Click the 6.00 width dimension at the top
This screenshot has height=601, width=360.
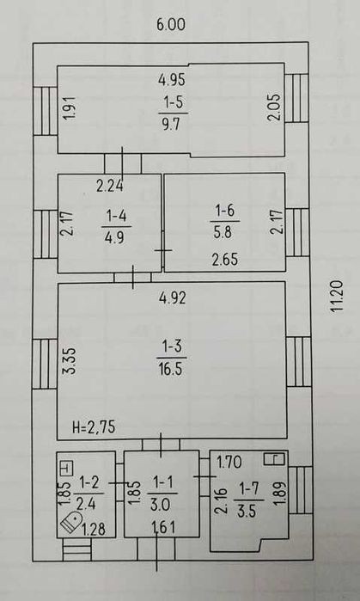pos(171,25)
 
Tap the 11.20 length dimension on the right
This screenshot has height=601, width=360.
pos(338,297)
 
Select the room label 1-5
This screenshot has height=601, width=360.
pos(173,103)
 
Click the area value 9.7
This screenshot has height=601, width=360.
pos(171,124)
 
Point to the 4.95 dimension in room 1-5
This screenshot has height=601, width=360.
pos(172,80)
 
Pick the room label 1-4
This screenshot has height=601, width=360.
pos(116,217)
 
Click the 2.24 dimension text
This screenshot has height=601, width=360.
pos(110,187)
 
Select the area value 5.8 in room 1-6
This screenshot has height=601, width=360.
pos(223,232)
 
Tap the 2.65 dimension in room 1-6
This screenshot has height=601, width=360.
pos(225,259)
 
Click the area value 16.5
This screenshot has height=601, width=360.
pos(172,371)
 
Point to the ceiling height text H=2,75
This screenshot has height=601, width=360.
pos(94,426)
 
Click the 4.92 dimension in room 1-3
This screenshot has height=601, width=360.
pos(172,297)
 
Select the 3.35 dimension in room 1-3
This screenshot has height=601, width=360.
pos(71,361)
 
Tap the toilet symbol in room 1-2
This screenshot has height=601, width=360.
pos(71,522)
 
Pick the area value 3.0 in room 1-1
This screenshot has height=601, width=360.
pos(160,506)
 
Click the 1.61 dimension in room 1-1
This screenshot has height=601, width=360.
pos(163,528)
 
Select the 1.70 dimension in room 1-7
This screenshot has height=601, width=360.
pos(229,463)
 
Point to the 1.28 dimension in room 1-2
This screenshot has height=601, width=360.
pos(94,530)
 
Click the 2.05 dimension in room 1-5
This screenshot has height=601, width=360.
pos(275,107)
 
